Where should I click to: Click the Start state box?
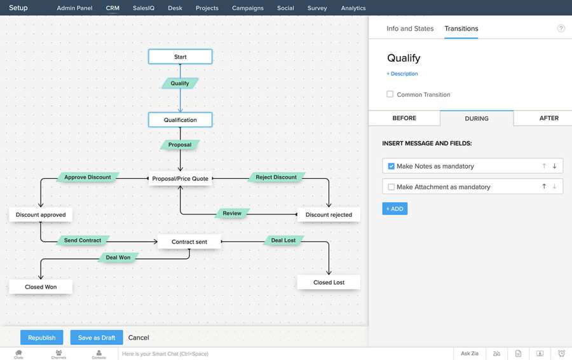(x=180, y=57)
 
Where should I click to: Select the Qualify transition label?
(x=180, y=83)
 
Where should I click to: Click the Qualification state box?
(x=180, y=120)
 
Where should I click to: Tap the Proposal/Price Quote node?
(x=180, y=179)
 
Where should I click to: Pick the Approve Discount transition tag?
(x=88, y=177)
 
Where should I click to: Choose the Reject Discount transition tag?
(x=276, y=177)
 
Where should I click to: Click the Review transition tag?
(x=232, y=214)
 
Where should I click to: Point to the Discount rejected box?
(x=329, y=215)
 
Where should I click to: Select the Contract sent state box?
(x=189, y=242)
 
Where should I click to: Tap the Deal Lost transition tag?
(x=283, y=240)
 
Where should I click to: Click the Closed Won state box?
(x=41, y=287)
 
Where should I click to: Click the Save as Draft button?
(x=97, y=338)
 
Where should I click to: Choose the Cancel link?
(x=139, y=338)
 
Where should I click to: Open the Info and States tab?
(x=410, y=29)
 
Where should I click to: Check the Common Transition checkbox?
(x=390, y=94)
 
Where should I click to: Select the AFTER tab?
(x=548, y=118)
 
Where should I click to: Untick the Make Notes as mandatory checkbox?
(x=392, y=166)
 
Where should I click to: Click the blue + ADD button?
(x=395, y=209)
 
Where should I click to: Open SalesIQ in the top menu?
(x=144, y=8)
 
